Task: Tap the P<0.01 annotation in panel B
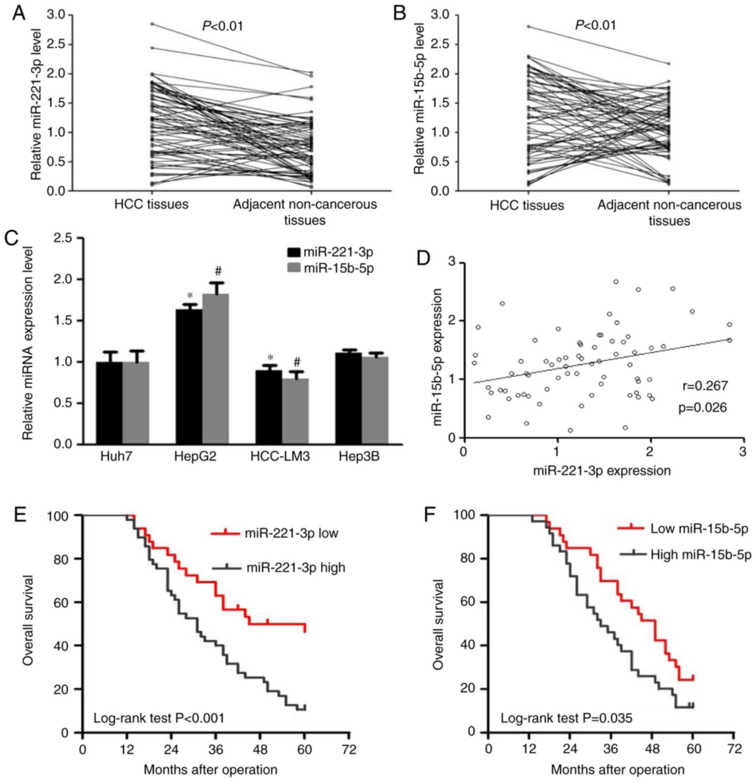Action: click(595, 26)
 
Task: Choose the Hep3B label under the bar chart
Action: click(359, 456)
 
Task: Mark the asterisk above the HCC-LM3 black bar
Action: click(270, 358)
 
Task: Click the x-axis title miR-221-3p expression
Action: click(602, 471)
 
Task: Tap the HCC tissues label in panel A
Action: click(151, 204)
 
